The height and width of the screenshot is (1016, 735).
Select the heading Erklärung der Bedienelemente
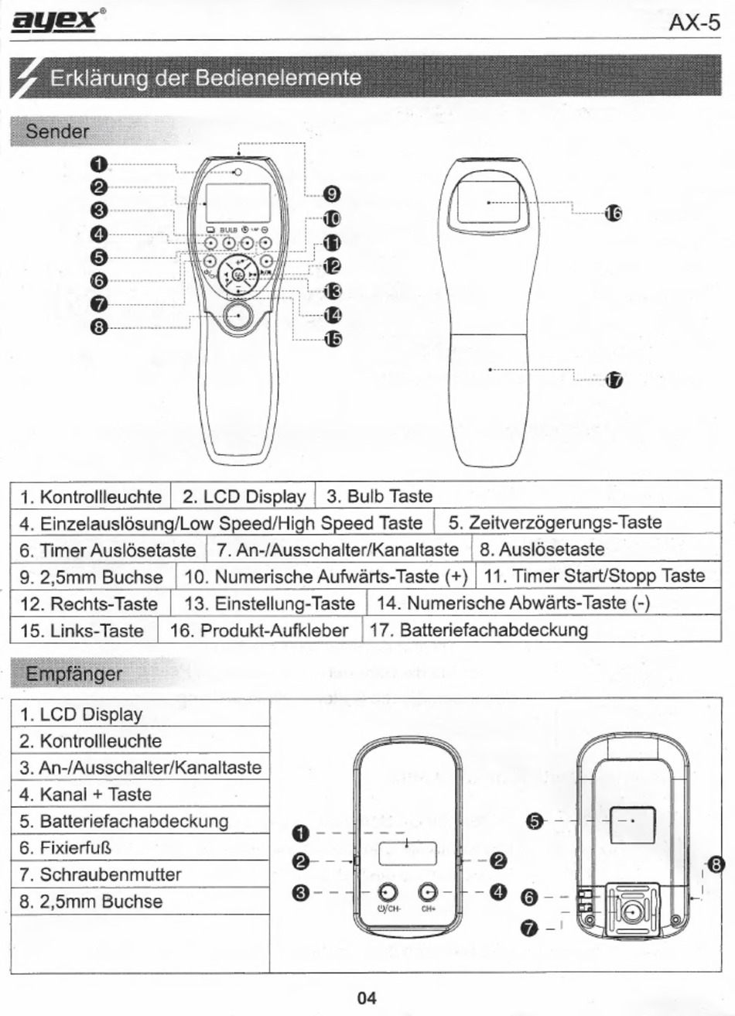point(205,78)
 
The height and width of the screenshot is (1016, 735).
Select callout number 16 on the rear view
point(612,214)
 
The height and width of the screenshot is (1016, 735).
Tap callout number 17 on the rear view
point(613,380)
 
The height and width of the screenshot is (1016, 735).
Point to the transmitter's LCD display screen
point(238,203)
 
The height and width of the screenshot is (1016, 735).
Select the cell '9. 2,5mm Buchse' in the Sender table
point(91,577)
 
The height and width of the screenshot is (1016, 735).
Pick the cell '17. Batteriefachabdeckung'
point(478,630)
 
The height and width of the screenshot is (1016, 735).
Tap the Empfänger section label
point(73,674)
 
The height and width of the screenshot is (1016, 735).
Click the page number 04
point(367,998)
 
